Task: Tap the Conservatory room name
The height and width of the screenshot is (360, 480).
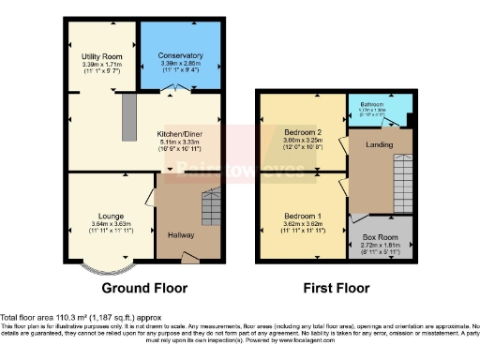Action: (179, 55)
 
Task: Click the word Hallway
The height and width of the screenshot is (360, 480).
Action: (180, 235)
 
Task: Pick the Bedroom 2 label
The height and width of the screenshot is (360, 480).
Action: (302, 132)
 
